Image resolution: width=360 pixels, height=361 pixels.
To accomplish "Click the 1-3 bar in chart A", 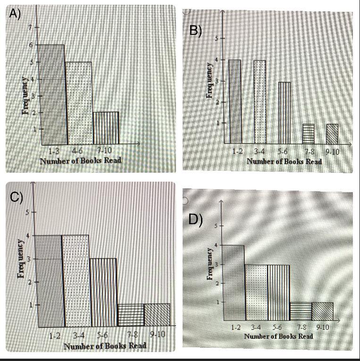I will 52,94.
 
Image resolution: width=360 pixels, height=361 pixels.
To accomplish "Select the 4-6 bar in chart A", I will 78,103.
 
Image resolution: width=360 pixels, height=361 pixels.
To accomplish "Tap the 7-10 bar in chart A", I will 106,127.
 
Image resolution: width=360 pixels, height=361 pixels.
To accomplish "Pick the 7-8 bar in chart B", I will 308,133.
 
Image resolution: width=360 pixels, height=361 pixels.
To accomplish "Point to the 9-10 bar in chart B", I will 332,133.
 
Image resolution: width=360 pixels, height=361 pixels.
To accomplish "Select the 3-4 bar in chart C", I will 75,281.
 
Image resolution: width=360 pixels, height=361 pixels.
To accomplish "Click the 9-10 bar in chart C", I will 157,315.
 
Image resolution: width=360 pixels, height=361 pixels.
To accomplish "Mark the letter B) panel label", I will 195,31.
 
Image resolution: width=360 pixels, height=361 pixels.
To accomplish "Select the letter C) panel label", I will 17,197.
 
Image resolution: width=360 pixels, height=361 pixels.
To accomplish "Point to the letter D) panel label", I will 195,220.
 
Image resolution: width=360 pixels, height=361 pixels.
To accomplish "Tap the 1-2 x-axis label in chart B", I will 237,151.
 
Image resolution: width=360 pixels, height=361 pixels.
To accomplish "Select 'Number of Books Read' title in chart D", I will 278,336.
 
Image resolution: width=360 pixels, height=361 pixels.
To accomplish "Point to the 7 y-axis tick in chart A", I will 29,27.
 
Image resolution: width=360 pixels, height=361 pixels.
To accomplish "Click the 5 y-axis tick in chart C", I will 27,212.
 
